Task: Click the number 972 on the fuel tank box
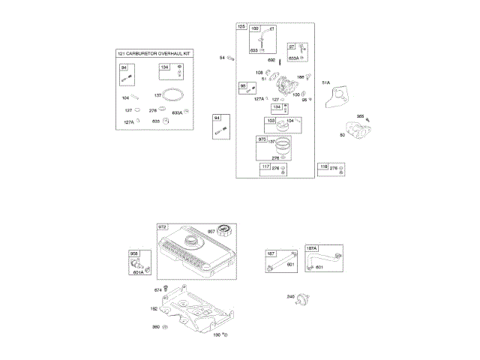162,226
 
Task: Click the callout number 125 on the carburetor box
241,27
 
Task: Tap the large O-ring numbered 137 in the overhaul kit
175,95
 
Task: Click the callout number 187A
311,248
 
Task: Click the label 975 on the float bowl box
262,139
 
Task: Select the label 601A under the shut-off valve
138,271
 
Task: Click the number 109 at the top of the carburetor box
254,28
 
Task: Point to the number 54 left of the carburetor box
222,58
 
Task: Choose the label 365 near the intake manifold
360,116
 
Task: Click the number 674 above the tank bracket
157,289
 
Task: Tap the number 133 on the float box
269,120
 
